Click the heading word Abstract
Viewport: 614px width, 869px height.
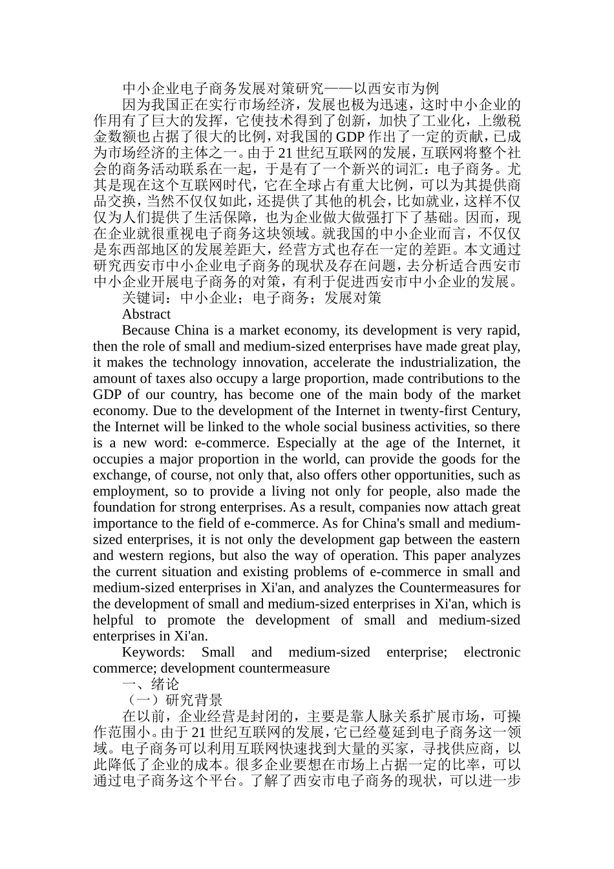pyautogui.click(x=146, y=314)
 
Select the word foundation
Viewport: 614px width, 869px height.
pyautogui.click(x=123, y=508)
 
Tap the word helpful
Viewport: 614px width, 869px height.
pyautogui.click(x=113, y=620)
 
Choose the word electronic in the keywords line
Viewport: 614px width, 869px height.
pyautogui.click(x=492, y=652)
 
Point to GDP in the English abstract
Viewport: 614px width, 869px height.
pyautogui.click(x=107, y=394)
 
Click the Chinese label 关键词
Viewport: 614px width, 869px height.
pyautogui.click(x=143, y=298)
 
